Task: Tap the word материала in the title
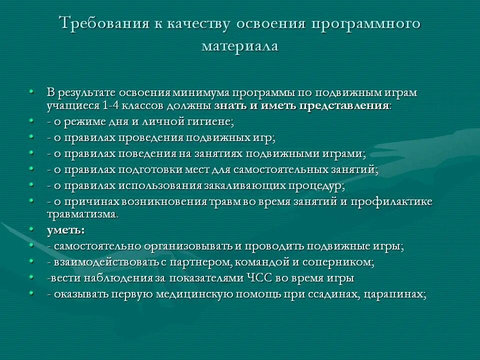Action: tap(240, 46)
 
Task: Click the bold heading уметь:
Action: tap(66, 230)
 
